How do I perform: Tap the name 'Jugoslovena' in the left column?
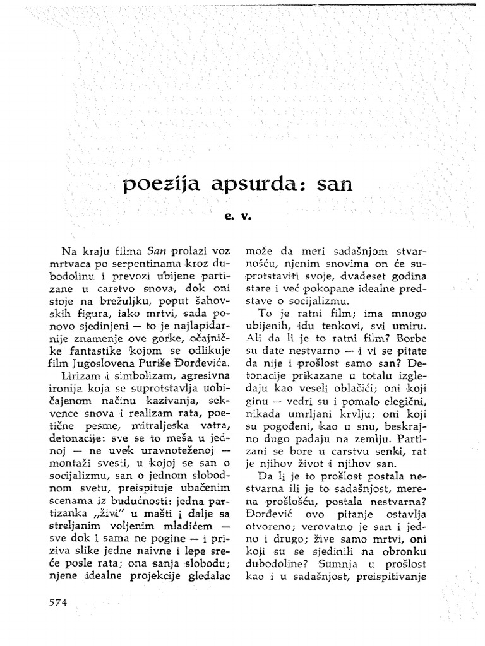[100, 363]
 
